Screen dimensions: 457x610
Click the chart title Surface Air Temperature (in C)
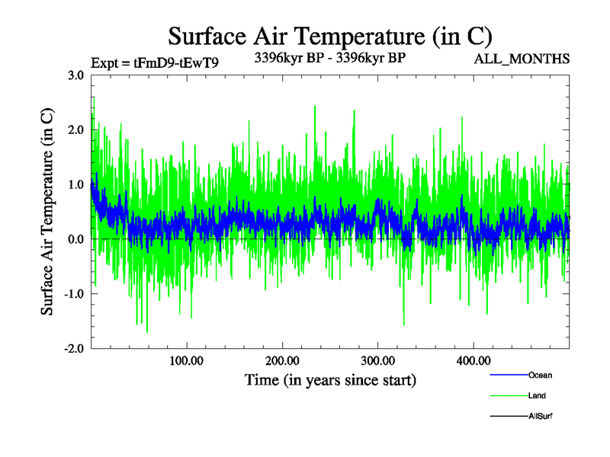[330, 37]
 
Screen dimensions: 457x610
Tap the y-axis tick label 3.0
[76, 75]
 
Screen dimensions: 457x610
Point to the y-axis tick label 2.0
[76, 129]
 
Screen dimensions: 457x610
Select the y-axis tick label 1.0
[76, 184]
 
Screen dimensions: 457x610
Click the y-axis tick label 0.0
[76, 239]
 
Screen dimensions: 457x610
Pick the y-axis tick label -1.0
[74, 294]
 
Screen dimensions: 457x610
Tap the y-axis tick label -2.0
[74, 349]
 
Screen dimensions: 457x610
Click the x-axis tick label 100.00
[187, 361]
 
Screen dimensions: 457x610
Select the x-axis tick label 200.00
[282, 361]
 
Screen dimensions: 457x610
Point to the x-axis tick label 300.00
[377, 361]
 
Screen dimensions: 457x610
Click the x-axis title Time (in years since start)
[330, 379]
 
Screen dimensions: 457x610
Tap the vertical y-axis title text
[47, 212]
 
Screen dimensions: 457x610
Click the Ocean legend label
[540, 375]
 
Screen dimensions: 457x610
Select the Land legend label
[537, 395]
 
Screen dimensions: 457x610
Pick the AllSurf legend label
[541, 416]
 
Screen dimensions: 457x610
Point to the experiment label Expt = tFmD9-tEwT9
[155, 63]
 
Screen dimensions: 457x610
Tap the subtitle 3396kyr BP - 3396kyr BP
[329, 56]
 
